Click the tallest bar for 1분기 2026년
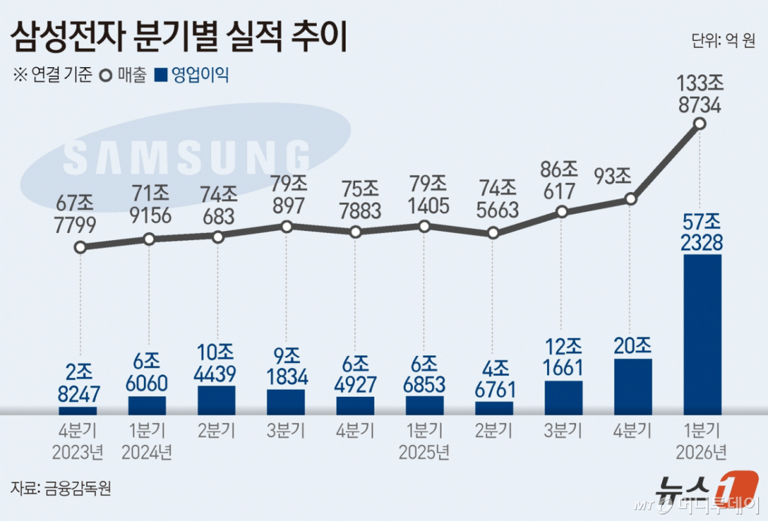pos(702,334)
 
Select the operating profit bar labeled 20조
pos(633,387)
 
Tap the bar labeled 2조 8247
pos(78,410)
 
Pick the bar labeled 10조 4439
pos(216,400)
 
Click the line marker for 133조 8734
pos(700,124)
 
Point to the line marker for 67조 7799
pos(80,247)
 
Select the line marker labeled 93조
pos(630,199)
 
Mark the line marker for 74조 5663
pos(493,233)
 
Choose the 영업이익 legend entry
pos(193,75)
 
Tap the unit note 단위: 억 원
pos(723,41)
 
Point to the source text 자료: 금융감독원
pos(61,488)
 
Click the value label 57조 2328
pos(702,232)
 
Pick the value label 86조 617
pos(560,180)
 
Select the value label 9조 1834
pos(285,367)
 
